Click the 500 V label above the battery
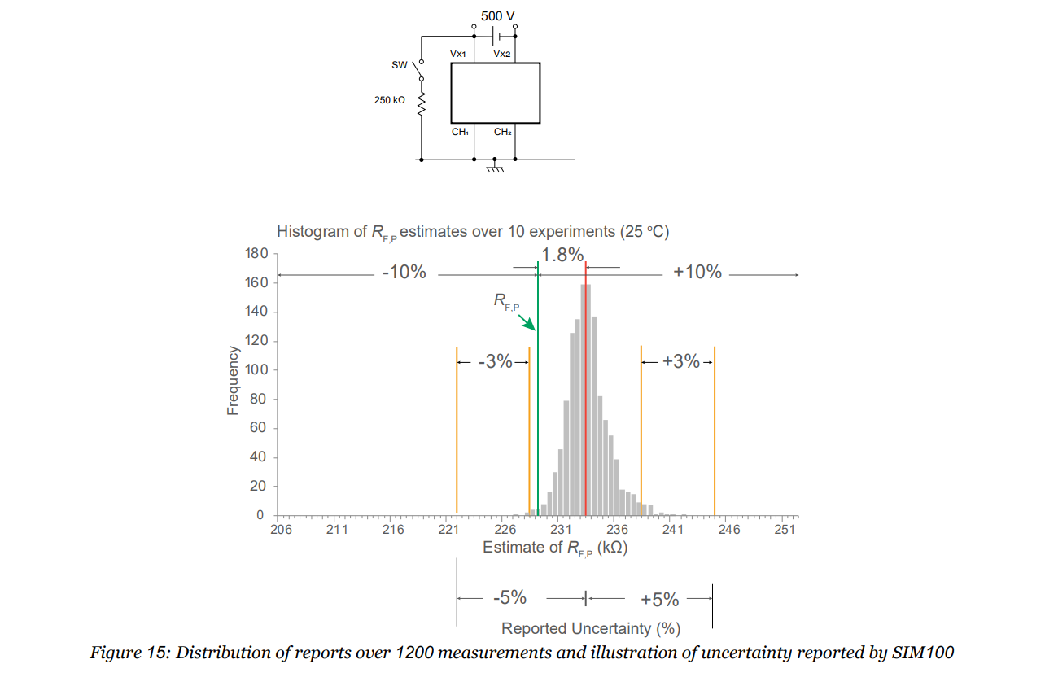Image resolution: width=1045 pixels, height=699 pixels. pyautogui.click(x=497, y=15)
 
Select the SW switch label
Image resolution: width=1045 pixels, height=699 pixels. pyautogui.click(x=399, y=64)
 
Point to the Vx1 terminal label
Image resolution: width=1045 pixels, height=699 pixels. pyautogui.click(x=458, y=53)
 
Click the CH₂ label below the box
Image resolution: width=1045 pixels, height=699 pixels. pyautogui.click(x=503, y=132)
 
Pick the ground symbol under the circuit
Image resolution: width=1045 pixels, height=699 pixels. pyautogui.click(x=495, y=168)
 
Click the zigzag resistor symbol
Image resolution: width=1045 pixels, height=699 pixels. pyautogui.click(x=422, y=103)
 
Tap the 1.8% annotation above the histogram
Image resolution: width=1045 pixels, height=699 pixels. pyautogui.click(x=562, y=255)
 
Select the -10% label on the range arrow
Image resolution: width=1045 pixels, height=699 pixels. pyautogui.click(x=404, y=273)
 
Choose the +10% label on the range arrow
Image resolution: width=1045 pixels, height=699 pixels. pyautogui.click(x=697, y=273)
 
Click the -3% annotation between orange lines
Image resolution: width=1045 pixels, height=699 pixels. pyautogui.click(x=495, y=362)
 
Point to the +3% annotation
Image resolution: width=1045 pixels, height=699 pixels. pyautogui.click(x=681, y=362)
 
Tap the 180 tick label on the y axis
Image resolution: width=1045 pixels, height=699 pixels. pyautogui.click(x=256, y=254)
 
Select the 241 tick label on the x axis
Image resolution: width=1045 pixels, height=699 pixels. pyautogui.click(x=673, y=530)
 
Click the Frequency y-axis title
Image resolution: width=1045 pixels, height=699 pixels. pyautogui.click(x=233, y=381)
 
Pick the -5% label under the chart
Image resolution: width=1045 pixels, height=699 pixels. pyautogui.click(x=509, y=598)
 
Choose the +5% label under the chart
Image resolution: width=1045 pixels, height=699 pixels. pyautogui.click(x=659, y=600)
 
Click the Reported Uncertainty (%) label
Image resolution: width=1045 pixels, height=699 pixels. pyautogui.click(x=591, y=628)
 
